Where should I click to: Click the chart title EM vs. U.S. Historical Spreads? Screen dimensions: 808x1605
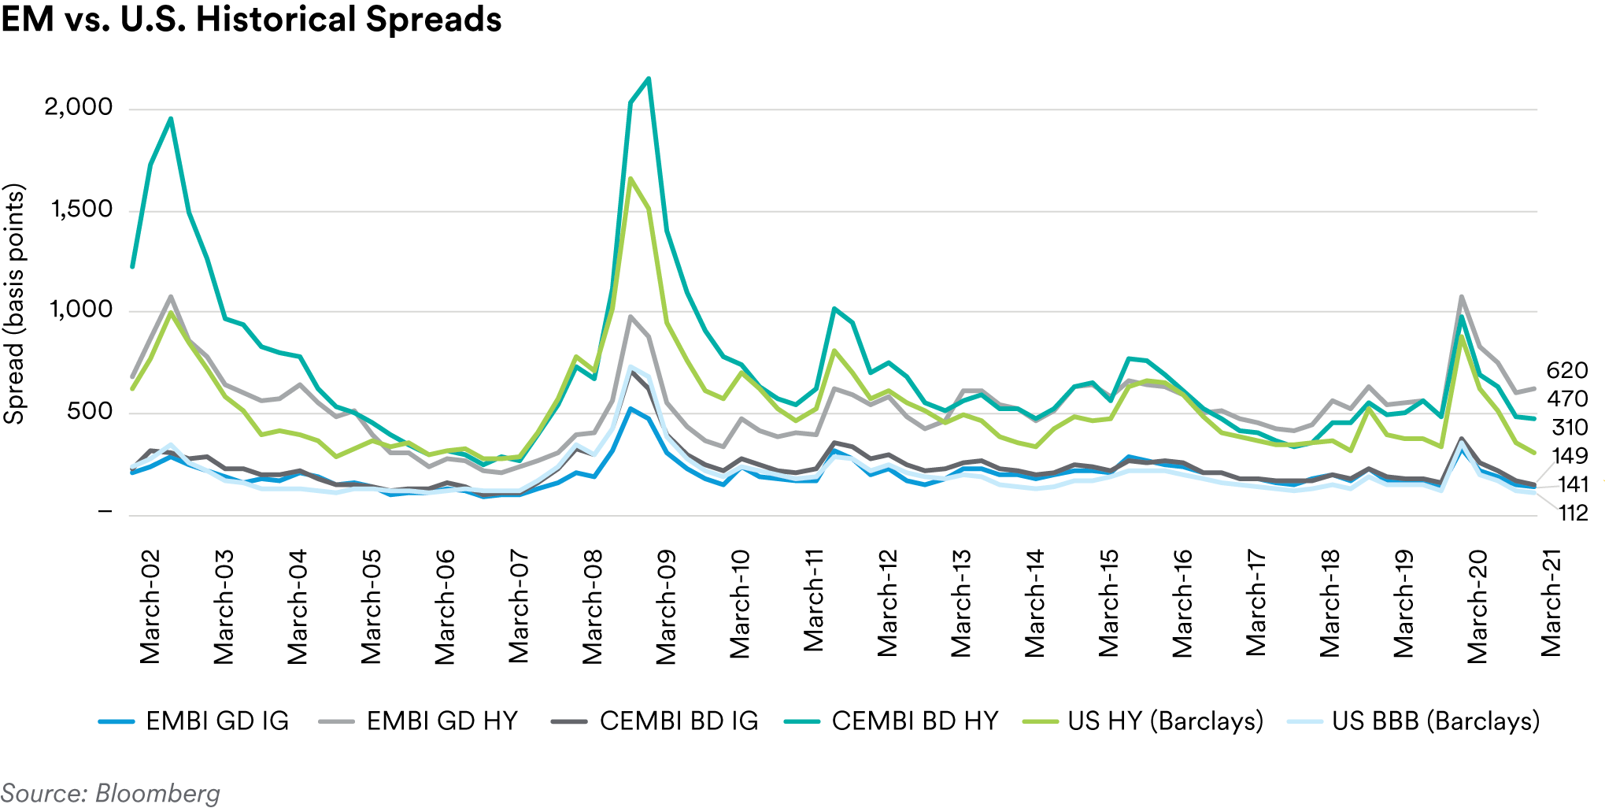tap(251, 19)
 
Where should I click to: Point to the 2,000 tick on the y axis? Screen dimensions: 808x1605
tap(79, 107)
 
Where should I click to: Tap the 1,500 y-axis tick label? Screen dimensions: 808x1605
tap(82, 209)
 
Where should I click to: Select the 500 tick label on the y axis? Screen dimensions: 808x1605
tap(90, 411)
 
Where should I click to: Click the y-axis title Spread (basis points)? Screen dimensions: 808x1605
tap(14, 304)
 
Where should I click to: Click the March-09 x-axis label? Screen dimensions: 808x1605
tap(666, 606)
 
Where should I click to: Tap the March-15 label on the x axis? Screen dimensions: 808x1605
tap(1108, 603)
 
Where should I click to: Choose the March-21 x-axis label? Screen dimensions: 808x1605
tap(1551, 603)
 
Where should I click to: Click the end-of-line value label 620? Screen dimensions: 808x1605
tap(1566, 370)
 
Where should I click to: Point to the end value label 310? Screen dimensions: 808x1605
tap(1570, 428)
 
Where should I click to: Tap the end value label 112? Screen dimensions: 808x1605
tap(1573, 513)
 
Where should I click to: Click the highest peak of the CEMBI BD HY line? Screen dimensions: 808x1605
tap(649, 78)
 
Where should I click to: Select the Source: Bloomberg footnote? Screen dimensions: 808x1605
tap(110, 793)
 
